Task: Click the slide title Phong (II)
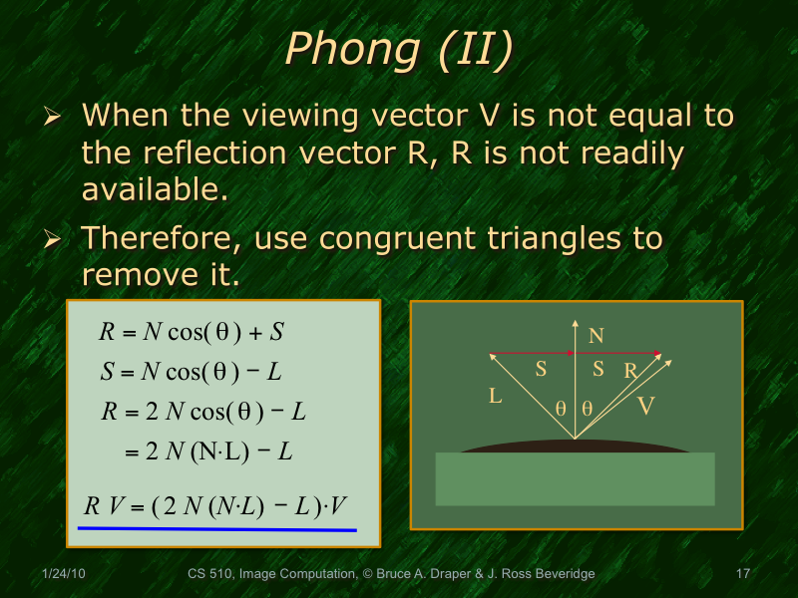click(x=399, y=50)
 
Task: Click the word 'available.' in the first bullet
click(x=156, y=189)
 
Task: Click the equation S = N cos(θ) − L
click(x=191, y=372)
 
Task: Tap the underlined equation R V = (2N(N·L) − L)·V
click(x=215, y=507)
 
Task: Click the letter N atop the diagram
click(x=596, y=336)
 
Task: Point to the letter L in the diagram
click(x=495, y=397)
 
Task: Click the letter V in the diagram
click(x=645, y=406)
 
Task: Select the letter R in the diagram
click(x=629, y=372)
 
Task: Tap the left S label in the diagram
click(x=541, y=369)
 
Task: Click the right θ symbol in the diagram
click(x=587, y=408)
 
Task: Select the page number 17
click(x=742, y=574)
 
